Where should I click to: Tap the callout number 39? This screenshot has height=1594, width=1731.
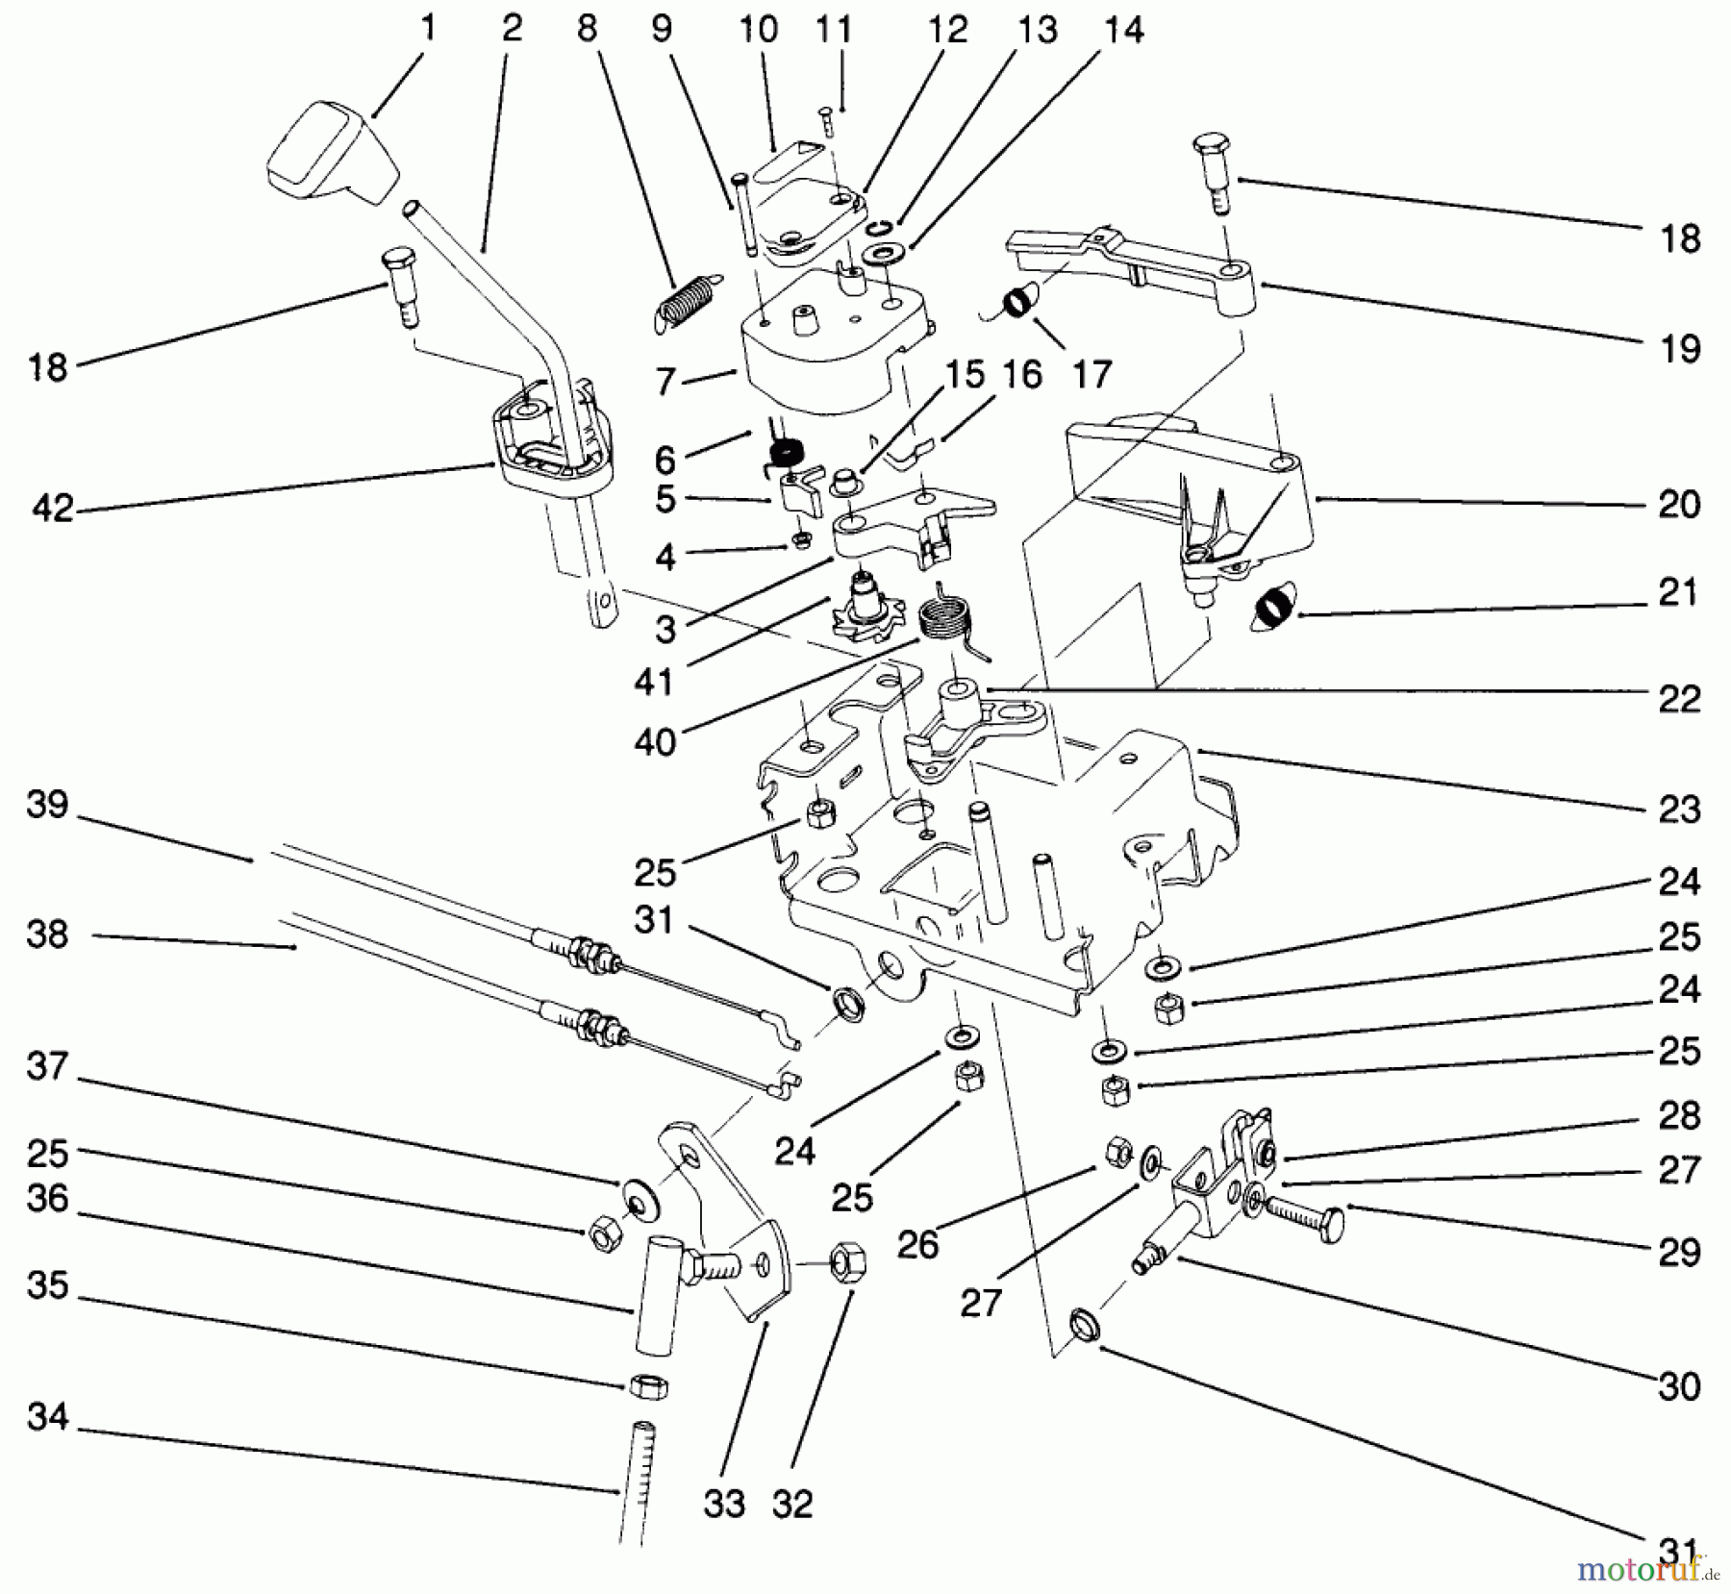coord(47,804)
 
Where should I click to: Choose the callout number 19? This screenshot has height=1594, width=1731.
coord(1679,348)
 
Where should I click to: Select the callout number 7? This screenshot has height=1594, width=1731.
coord(665,382)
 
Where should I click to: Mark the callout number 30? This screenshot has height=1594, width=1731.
coord(1678,1384)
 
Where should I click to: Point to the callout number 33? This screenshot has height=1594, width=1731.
coord(723,1502)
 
